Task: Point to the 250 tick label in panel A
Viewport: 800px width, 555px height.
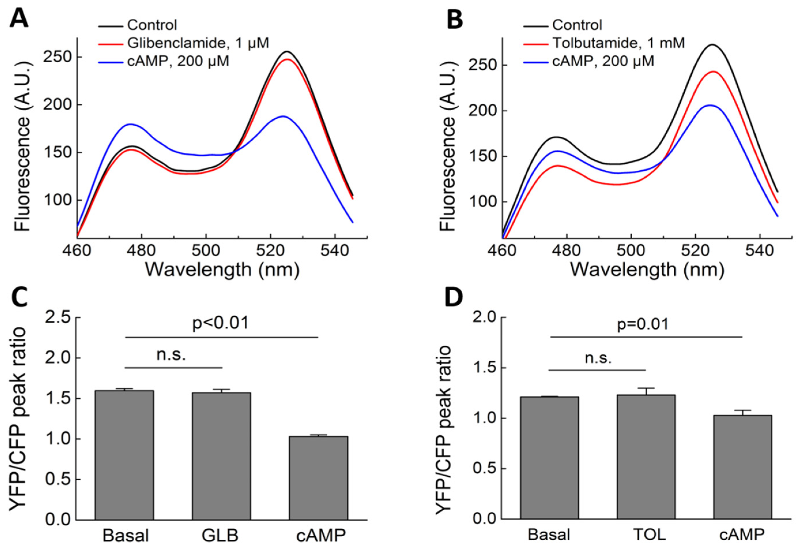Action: (57, 57)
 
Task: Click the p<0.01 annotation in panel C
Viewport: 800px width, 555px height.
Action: (221, 323)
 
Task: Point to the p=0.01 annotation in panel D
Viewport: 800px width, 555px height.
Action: (643, 324)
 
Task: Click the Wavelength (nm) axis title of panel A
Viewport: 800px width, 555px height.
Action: (222, 270)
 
